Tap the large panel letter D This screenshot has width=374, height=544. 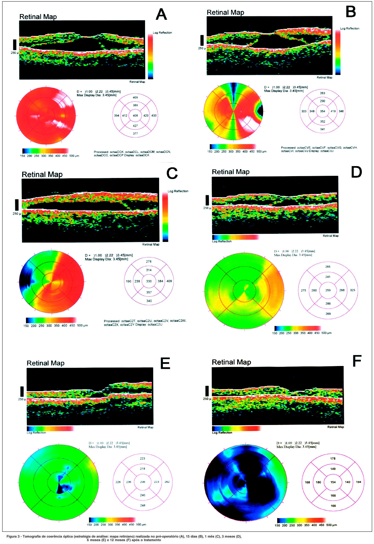(x=356, y=172)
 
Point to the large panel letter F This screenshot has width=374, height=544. (x=357, y=361)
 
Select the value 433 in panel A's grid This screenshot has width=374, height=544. (x=154, y=116)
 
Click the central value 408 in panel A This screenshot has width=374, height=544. (x=135, y=116)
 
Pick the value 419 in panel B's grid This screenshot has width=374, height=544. (x=333, y=111)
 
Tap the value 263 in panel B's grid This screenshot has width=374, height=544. (x=323, y=93)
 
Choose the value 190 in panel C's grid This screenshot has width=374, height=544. (x=128, y=281)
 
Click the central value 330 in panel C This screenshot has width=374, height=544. (x=149, y=281)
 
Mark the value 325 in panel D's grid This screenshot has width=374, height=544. (x=352, y=290)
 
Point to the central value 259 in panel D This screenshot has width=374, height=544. (x=328, y=290)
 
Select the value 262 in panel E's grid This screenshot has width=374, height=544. (x=167, y=482)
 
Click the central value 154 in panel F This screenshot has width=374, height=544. (x=333, y=482)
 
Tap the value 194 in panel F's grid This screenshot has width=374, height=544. (x=358, y=482)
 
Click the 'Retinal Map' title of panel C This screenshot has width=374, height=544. (x=42, y=175)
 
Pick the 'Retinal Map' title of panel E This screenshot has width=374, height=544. (x=45, y=363)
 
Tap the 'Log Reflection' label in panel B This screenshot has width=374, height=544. (x=350, y=29)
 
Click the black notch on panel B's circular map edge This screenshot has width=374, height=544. (x=260, y=110)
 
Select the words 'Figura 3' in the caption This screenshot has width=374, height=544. (x=13, y=536)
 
